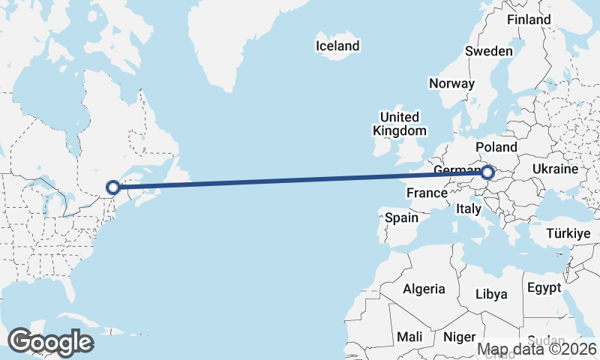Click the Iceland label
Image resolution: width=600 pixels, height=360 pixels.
(337, 46)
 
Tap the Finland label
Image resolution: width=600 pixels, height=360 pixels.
(529, 19)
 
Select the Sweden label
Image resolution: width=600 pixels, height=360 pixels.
(488, 51)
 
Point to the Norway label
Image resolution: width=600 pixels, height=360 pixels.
(451, 83)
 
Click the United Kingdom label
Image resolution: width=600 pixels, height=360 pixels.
(400, 124)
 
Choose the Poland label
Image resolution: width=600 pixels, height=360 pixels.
(496, 146)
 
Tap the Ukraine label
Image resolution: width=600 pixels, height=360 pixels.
(555, 169)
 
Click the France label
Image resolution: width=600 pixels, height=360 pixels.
(427, 193)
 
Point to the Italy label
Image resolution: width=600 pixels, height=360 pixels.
(468, 209)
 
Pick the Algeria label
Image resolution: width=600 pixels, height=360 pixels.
(424, 289)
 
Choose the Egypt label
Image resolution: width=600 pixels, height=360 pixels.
(544, 288)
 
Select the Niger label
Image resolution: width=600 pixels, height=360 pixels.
(460, 337)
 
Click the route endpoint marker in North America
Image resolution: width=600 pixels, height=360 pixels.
(112, 187)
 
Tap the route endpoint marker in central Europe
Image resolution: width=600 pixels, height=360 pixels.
(487, 173)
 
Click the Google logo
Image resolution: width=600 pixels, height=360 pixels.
(50, 342)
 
